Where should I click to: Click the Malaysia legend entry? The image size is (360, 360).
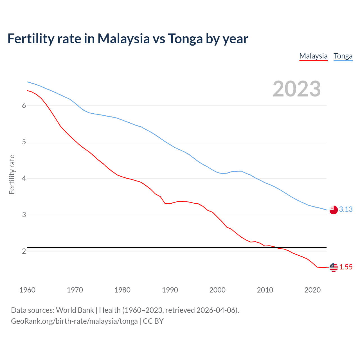(x=313, y=56)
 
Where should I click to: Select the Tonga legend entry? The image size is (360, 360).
(x=343, y=56)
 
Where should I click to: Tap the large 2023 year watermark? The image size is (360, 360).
(x=296, y=89)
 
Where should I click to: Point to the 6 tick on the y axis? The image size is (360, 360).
(x=24, y=105)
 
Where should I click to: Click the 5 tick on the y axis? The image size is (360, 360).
(x=24, y=142)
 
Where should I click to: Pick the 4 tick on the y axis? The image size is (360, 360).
(x=24, y=178)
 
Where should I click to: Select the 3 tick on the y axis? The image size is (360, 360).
(x=24, y=215)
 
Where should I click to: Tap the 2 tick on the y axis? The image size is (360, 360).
(x=24, y=251)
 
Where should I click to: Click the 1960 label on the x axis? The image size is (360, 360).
(x=27, y=290)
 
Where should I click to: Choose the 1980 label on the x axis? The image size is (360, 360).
(x=122, y=290)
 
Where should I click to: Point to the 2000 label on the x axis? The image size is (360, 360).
(x=217, y=290)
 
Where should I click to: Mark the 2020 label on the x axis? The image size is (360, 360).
(x=312, y=290)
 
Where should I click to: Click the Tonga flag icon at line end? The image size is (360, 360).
(x=334, y=210)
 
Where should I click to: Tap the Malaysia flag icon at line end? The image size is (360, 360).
(x=334, y=267)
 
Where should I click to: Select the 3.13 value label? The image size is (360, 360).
(x=346, y=210)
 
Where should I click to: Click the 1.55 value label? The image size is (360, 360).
(x=346, y=267)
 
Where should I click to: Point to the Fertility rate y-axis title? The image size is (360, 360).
(x=12, y=174)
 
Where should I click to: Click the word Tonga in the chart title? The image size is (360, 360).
(x=185, y=39)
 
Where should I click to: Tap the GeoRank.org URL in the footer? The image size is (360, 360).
(x=74, y=321)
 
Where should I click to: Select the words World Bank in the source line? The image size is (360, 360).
(x=75, y=310)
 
